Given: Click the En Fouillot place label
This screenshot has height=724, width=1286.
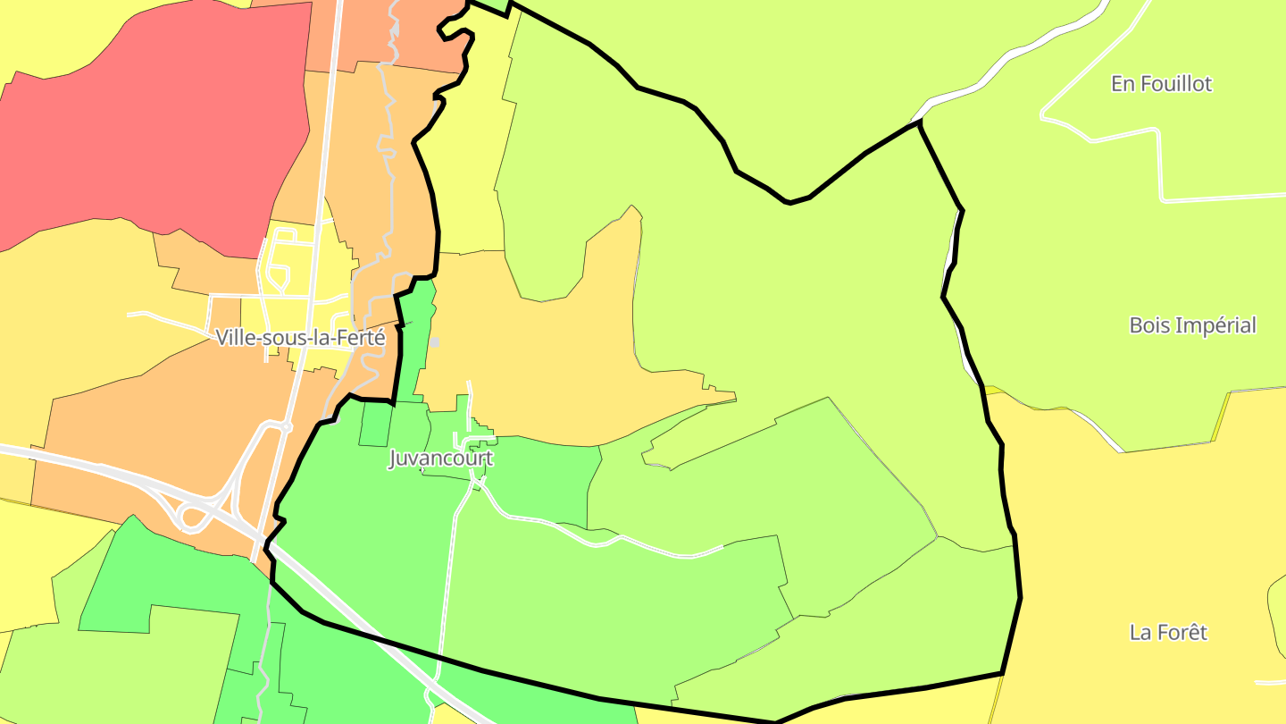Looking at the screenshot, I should tap(1161, 84).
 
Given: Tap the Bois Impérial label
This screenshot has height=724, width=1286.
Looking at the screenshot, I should tap(1192, 325).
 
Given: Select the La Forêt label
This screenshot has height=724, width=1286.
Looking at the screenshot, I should tap(1168, 633).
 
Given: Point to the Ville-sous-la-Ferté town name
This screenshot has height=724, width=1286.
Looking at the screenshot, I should tap(300, 338).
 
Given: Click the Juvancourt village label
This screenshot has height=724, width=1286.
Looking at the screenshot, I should tap(440, 459).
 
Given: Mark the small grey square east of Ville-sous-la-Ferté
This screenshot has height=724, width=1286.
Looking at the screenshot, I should tap(435, 341).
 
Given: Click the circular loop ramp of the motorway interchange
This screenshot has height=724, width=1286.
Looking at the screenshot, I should tap(193, 517).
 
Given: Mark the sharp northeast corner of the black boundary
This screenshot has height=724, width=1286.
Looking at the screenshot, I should tap(918, 123).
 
